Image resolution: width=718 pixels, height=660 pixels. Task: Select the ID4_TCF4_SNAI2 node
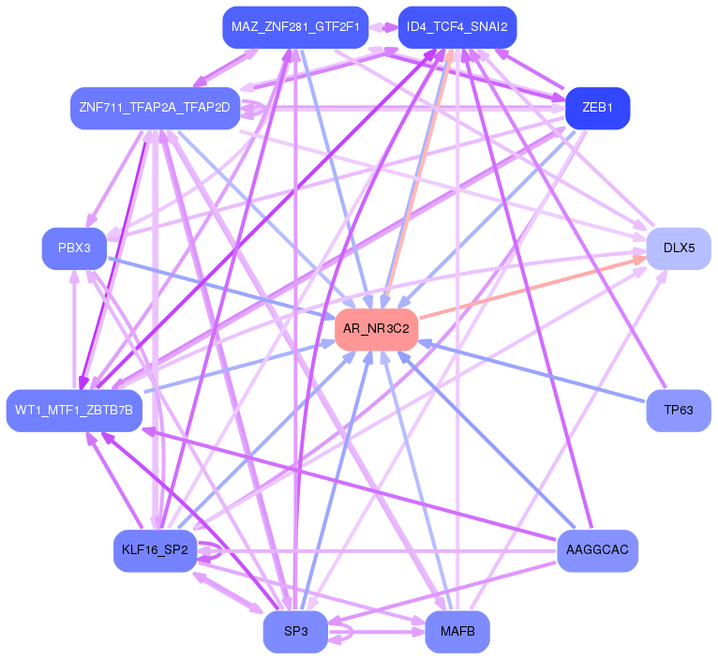point(456,27)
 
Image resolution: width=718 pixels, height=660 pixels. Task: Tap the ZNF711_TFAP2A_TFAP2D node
point(155,108)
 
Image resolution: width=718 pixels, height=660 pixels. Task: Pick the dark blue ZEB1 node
point(597,108)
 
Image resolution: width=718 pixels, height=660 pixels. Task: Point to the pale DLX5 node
point(679,248)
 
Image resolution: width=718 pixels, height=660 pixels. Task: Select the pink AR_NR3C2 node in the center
point(376,329)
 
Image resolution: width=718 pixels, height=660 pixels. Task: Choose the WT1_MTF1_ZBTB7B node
point(74,410)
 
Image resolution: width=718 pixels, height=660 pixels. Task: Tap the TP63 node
point(679,410)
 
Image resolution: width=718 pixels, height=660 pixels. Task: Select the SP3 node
point(295,631)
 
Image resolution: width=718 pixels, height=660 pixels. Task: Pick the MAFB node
point(456,631)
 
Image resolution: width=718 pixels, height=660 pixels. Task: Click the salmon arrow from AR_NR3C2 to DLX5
point(525,290)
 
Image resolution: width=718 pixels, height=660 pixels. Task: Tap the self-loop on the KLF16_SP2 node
point(214,550)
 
